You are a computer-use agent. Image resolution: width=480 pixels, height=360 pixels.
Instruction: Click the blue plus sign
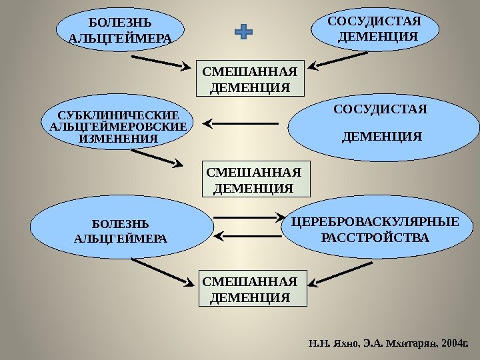[245, 31]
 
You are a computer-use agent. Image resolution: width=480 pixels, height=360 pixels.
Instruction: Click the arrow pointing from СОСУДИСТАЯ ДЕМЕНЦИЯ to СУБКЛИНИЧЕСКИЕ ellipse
[240, 123]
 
